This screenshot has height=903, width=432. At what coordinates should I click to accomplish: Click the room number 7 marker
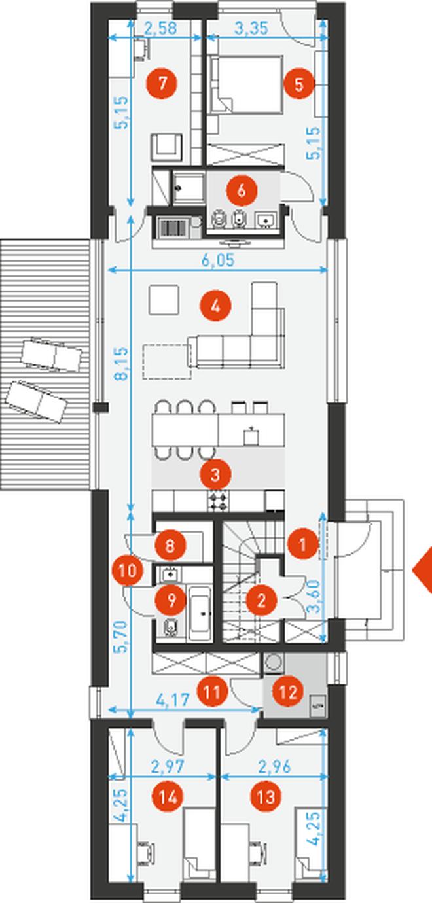pos(162,84)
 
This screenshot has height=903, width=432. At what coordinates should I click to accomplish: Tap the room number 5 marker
pos(299,84)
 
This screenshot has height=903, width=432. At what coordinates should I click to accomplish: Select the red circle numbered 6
pos(242,190)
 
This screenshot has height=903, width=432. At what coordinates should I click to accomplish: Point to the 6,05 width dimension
pos(218,260)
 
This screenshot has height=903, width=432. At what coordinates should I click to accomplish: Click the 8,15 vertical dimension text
pos(121,364)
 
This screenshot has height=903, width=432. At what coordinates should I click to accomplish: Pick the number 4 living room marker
pos(215,306)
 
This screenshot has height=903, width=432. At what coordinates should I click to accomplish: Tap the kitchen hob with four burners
pos(218,501)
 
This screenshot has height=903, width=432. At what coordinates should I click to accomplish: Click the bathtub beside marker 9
pos(200,614)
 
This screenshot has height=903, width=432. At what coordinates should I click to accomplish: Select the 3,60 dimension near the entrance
pos(314,597)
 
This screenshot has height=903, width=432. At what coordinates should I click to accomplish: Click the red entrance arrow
pos(423,570)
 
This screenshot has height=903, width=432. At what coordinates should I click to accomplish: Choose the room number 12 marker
pos(287,692)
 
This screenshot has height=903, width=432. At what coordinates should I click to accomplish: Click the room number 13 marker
pos(266,796)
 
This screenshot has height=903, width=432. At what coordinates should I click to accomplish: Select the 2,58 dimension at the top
pos(160,28)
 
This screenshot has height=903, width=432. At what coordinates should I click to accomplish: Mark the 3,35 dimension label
pos(251,28)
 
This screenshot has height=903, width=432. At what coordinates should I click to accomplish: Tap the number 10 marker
pos(128,571)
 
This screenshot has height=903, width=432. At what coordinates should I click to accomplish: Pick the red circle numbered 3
pos(215,474)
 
